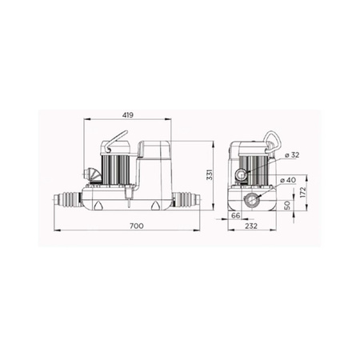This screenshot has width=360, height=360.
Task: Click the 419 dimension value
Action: click(127, 115)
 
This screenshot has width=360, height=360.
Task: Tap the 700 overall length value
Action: click(137, 226)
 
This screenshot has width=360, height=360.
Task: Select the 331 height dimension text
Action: click(210, 174)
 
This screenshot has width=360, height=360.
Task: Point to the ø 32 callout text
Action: click(292, 155)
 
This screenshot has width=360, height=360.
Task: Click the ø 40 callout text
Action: click(288, 180)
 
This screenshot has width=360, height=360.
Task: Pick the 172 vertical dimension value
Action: click(303, 192)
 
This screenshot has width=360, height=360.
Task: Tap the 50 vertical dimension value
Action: click(287, 206)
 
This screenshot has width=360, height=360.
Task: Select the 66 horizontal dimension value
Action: click(236, 215)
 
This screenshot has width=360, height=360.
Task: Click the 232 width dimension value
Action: click(251, 226)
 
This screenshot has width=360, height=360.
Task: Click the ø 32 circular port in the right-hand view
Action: click(241, 175)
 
